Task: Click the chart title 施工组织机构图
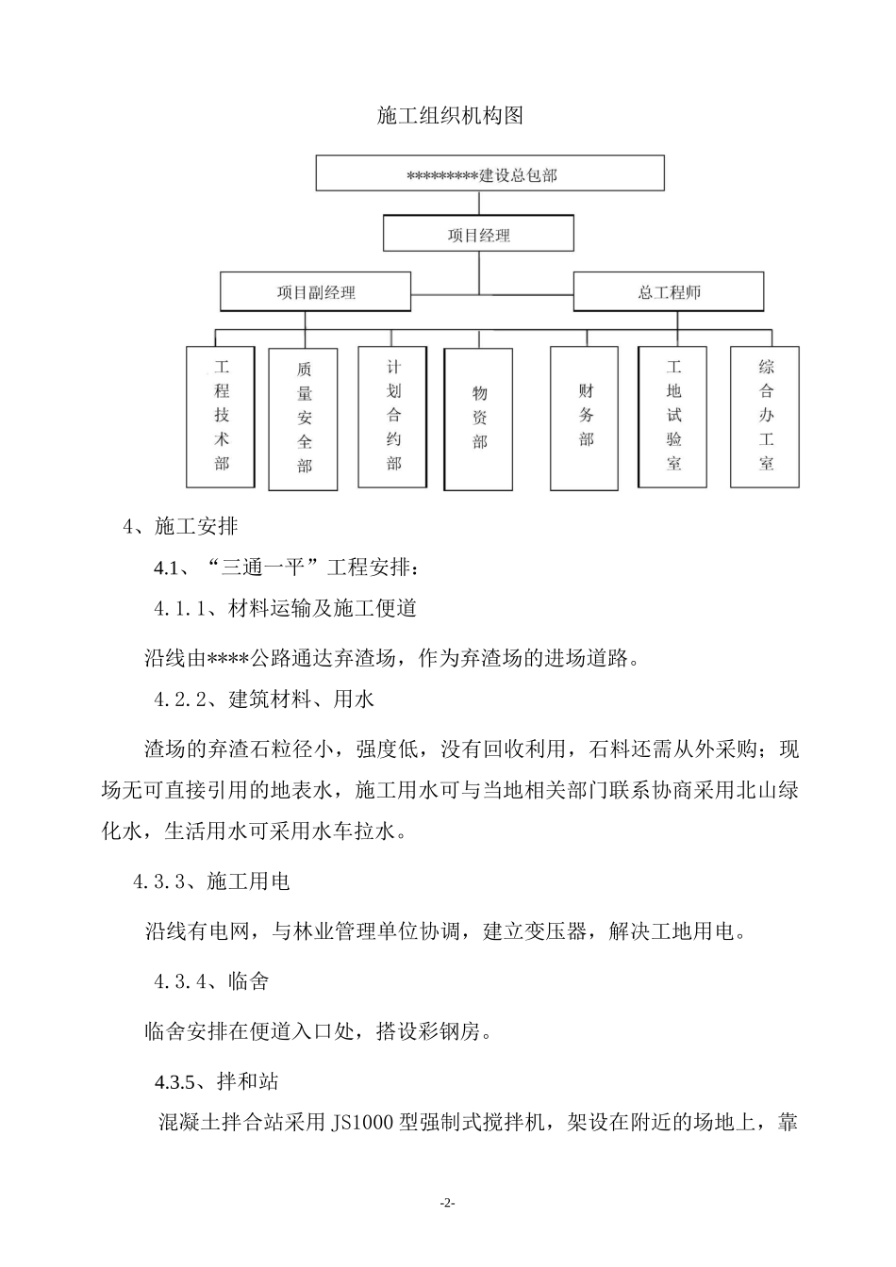pyautogui.click(x=449, y=116)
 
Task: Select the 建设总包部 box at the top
pyautogui.click(x=489, y=174)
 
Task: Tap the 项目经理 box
pyautogui.click(x=478, y=234)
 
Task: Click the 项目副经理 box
pyautogui.click(x=315, y=292)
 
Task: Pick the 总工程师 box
pyautogui.click(x=668, y=292)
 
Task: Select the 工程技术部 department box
pyautogui.click(x=221, y=417)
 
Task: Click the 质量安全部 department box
pyautogui.click(x=304, y=419)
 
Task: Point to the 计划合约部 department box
pyautogui.click(x=393, y=417)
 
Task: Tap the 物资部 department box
pyautogui.click(x=478, y=419)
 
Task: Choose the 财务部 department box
pyautogui.click(x=585, y=417)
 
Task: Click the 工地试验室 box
pyautogui.click(x=672, y=417)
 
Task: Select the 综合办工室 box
pyautogui.click(x=765, y=417)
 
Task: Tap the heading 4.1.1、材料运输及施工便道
pyautogui.click(x=285, y=608)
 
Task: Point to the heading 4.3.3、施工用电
pyautogui.click(x=211, y=881)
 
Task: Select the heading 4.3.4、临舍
pyautogui.click(x=211, y=981)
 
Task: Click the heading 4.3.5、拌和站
pyautogui.click(x=216, y=1081)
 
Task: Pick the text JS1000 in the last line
pyautogui.click(x=363, y=1123)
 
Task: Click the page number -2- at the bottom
pyautogui.click(x=448, y=1203)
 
